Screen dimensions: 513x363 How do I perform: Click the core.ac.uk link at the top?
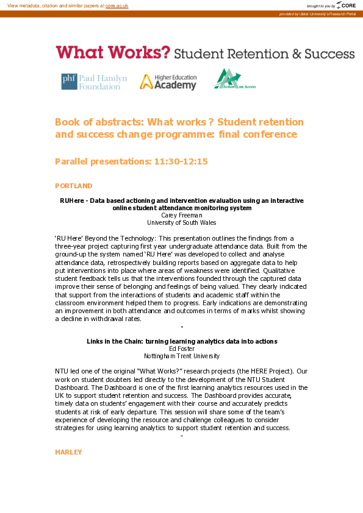(117, 5)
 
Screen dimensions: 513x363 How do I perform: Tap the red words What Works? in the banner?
(113, 52)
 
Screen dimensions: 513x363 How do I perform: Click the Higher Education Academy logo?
(168, 82)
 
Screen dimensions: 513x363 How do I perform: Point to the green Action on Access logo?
(234, 80)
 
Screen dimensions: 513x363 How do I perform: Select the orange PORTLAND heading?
(73, 186)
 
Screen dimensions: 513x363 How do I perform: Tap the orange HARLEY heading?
(68, 452)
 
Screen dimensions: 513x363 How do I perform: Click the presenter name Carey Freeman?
(181, 215)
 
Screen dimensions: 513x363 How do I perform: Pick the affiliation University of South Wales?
(181, 222)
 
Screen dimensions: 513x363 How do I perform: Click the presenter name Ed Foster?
(181, 348)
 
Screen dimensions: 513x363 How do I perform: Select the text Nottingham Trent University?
(181, 356)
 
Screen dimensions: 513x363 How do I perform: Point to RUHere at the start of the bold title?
(71, 200)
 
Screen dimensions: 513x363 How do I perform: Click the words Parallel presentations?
(102, 161)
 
